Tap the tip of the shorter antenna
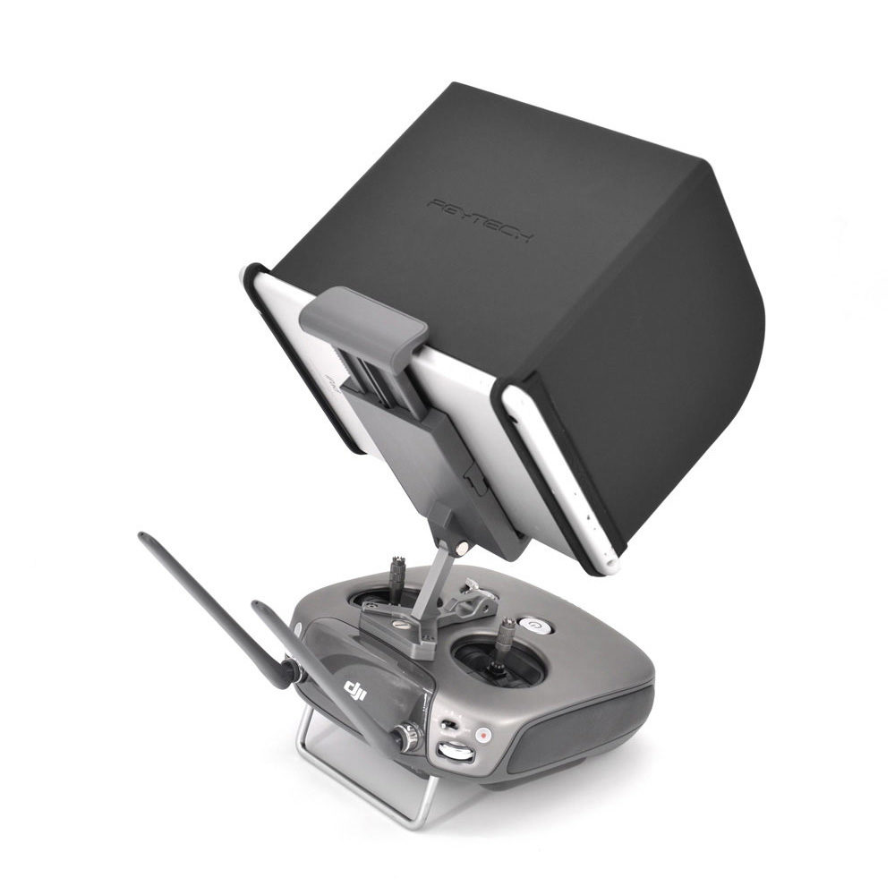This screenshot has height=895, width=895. pyautogui.click(x=256, y=606)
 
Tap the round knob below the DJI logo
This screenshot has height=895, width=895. pyautogui.click(x=408, y=738)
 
